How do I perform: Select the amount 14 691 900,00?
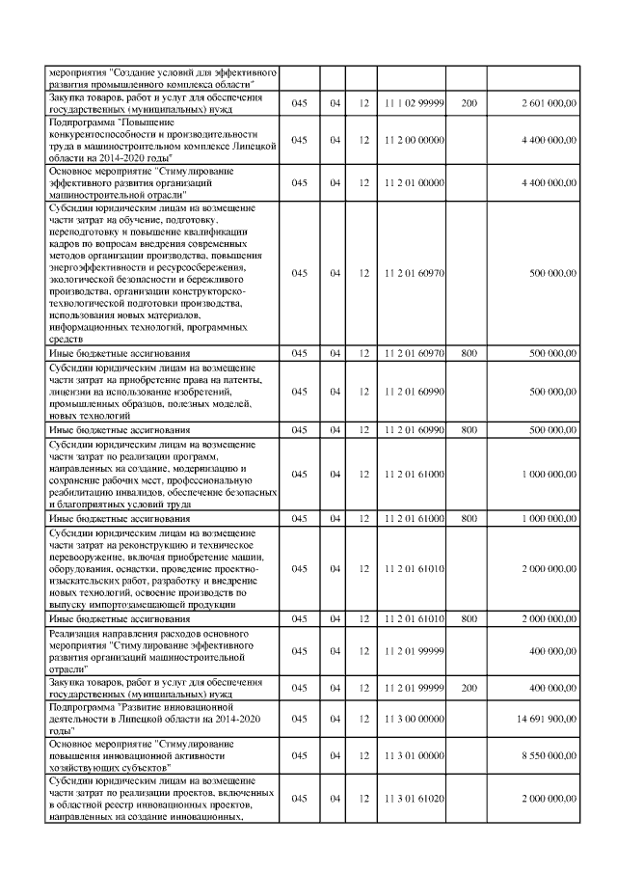pos(546,719)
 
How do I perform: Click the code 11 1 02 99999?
pos(413,102)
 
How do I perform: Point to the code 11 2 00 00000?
pos(413,140)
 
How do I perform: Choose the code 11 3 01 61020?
pos(413,800)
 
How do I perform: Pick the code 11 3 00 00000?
pos(413,719)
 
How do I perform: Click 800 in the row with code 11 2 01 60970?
pos(469,353)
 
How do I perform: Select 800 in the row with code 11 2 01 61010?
pos(469,617)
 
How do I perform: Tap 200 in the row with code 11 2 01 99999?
pos(469,688)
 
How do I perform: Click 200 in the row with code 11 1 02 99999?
pos(469,102)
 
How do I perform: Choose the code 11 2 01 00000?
pos(413,181)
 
